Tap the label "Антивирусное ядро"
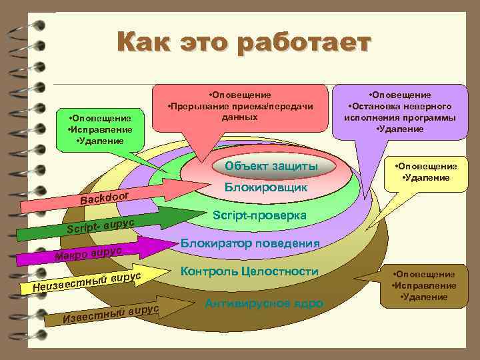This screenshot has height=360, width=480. coord(264,303)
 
